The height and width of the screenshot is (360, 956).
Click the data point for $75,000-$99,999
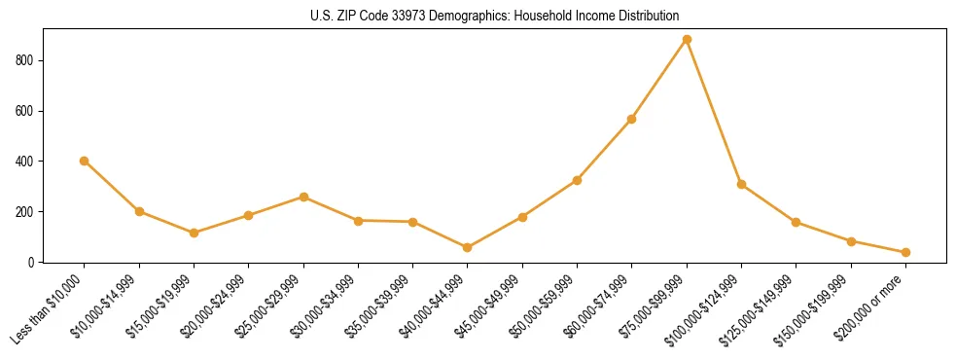pos(687,39)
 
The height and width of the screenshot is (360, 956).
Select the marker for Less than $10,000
pos(85,161)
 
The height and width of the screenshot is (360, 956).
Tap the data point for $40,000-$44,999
pos(468,247)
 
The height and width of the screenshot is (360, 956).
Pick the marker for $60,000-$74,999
pos(632,119)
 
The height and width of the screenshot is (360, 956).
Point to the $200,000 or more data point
pos(905,252)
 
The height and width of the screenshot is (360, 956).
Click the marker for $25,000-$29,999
pos(303,197)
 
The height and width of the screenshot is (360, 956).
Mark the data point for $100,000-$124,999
pos(741,184)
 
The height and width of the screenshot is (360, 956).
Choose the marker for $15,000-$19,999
pos(195,233)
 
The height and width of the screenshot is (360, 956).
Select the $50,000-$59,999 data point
pos(577,180)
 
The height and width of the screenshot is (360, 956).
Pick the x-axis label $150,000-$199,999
pos(818,307)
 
